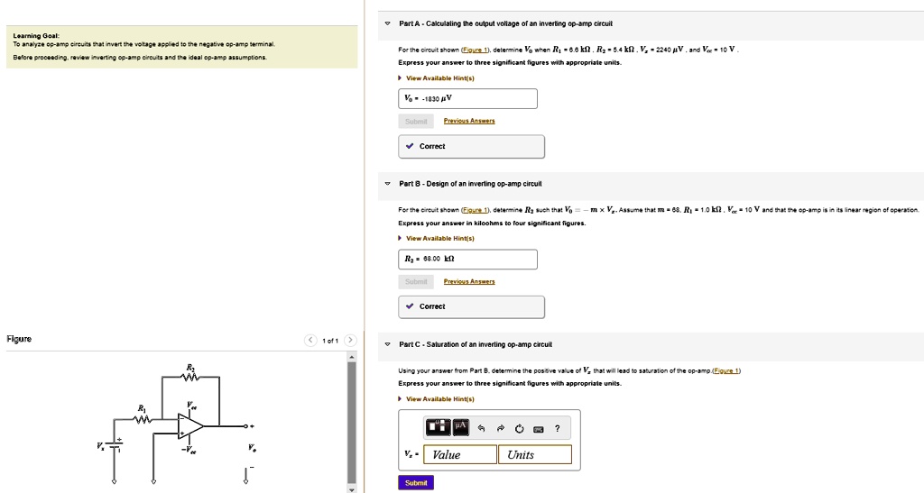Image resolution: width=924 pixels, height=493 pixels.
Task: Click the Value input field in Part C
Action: click(460, 454)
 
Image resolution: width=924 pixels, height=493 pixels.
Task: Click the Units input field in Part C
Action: click(534, 454)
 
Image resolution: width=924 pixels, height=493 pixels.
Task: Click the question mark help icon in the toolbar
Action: click(559, 428)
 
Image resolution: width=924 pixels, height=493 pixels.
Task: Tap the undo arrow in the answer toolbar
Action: click(482, 428)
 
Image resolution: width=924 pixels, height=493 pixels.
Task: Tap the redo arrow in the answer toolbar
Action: click(501, 428)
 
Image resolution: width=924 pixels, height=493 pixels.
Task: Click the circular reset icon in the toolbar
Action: click(520, 428)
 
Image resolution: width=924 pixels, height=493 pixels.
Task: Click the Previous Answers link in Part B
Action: click(469, 281)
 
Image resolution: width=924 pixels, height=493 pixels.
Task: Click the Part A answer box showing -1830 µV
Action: click(467, 99)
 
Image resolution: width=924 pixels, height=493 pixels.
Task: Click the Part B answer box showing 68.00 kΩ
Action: click(467, 259)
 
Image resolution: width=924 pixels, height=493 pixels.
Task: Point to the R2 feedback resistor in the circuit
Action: click(189, 377)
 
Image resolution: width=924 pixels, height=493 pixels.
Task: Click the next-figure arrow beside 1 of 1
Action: click(351, 340)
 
